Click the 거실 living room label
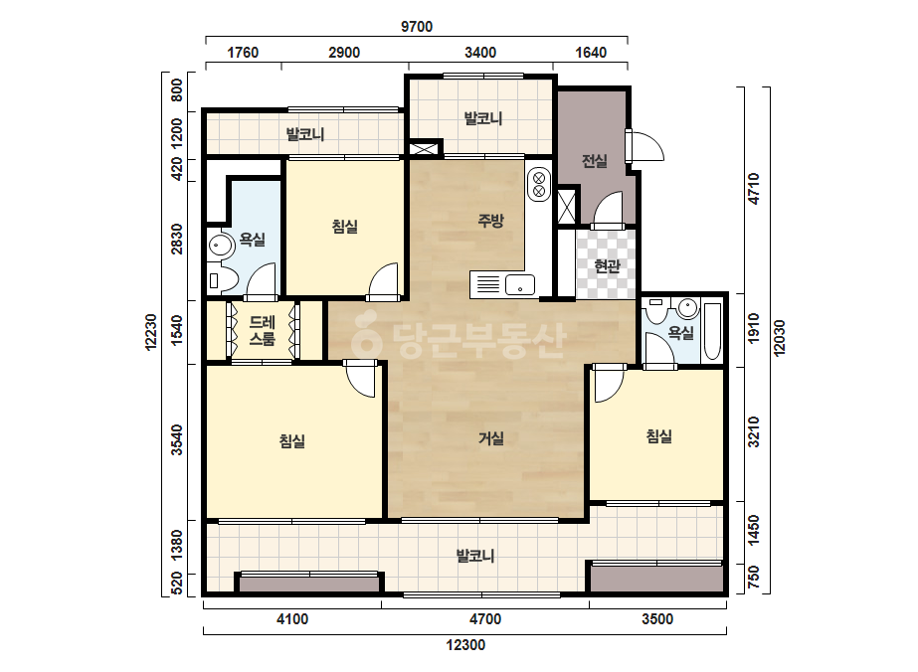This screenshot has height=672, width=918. coord(490,437)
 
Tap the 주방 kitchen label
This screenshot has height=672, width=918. coord(490,220)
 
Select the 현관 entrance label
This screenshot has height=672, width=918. coord(607,266)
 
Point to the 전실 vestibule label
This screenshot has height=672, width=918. coord(594,160)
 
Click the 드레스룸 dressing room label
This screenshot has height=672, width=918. coord(262,330)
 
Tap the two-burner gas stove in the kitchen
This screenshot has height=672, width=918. coord(539,184)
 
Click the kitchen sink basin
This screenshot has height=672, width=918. coord(520,285)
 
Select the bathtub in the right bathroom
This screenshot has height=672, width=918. coord(711,331)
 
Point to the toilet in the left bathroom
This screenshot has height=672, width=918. coord(223,280)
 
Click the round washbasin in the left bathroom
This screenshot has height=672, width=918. coord(221,245)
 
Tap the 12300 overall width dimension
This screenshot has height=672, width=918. coord(465,645)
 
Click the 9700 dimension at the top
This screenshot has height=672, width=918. coord(417,26)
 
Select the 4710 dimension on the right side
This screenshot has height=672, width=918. coord(754,189)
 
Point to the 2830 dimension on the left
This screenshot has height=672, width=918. coord(176,239)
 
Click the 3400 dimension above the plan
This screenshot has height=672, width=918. coord(480,52)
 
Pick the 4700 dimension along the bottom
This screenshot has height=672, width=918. coord(484,618)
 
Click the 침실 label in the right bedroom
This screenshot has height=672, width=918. coord(658,435)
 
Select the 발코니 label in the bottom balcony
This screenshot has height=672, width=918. coord(475,555)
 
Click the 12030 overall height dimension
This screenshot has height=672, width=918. coord(779,338)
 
